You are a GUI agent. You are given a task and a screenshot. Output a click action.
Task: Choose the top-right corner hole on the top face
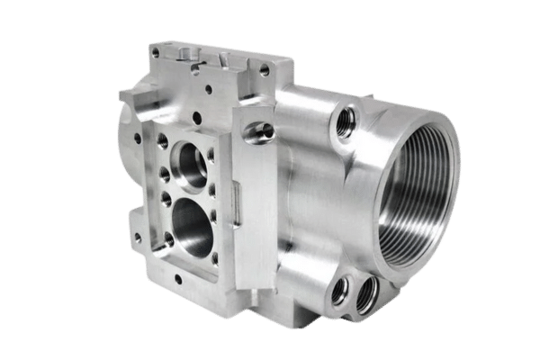(264, 67)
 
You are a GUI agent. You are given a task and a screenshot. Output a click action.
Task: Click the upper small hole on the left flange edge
(137, 139)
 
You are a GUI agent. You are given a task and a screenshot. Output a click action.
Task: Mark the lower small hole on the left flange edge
(134, 238)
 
